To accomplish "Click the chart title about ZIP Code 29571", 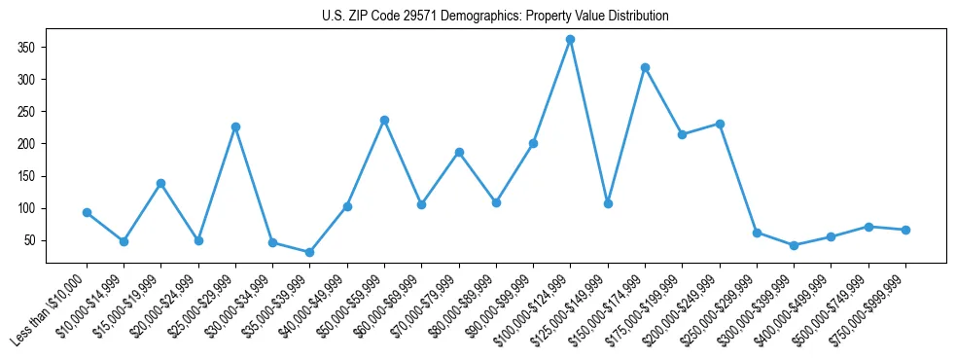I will [x=495, y=17].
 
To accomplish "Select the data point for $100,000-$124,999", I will [x=570, y=40].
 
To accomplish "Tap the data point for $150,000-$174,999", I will [x=645, y=68].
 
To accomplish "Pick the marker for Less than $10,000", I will [x=87, y=212].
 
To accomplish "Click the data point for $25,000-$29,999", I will [x=235, y=126].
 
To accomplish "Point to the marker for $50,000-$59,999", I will [x=384, y=120].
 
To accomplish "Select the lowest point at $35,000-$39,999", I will [x=310, y=253].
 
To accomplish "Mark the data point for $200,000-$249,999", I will [x=720, y=124].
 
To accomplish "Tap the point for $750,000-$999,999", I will [x=905, y=230].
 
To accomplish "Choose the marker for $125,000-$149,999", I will [x=608, y=203].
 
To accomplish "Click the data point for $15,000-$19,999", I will [x=161, y=183].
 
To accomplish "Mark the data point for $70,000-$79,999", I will [x=459, y=152].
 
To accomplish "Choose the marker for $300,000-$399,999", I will [x=794, y=245].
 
